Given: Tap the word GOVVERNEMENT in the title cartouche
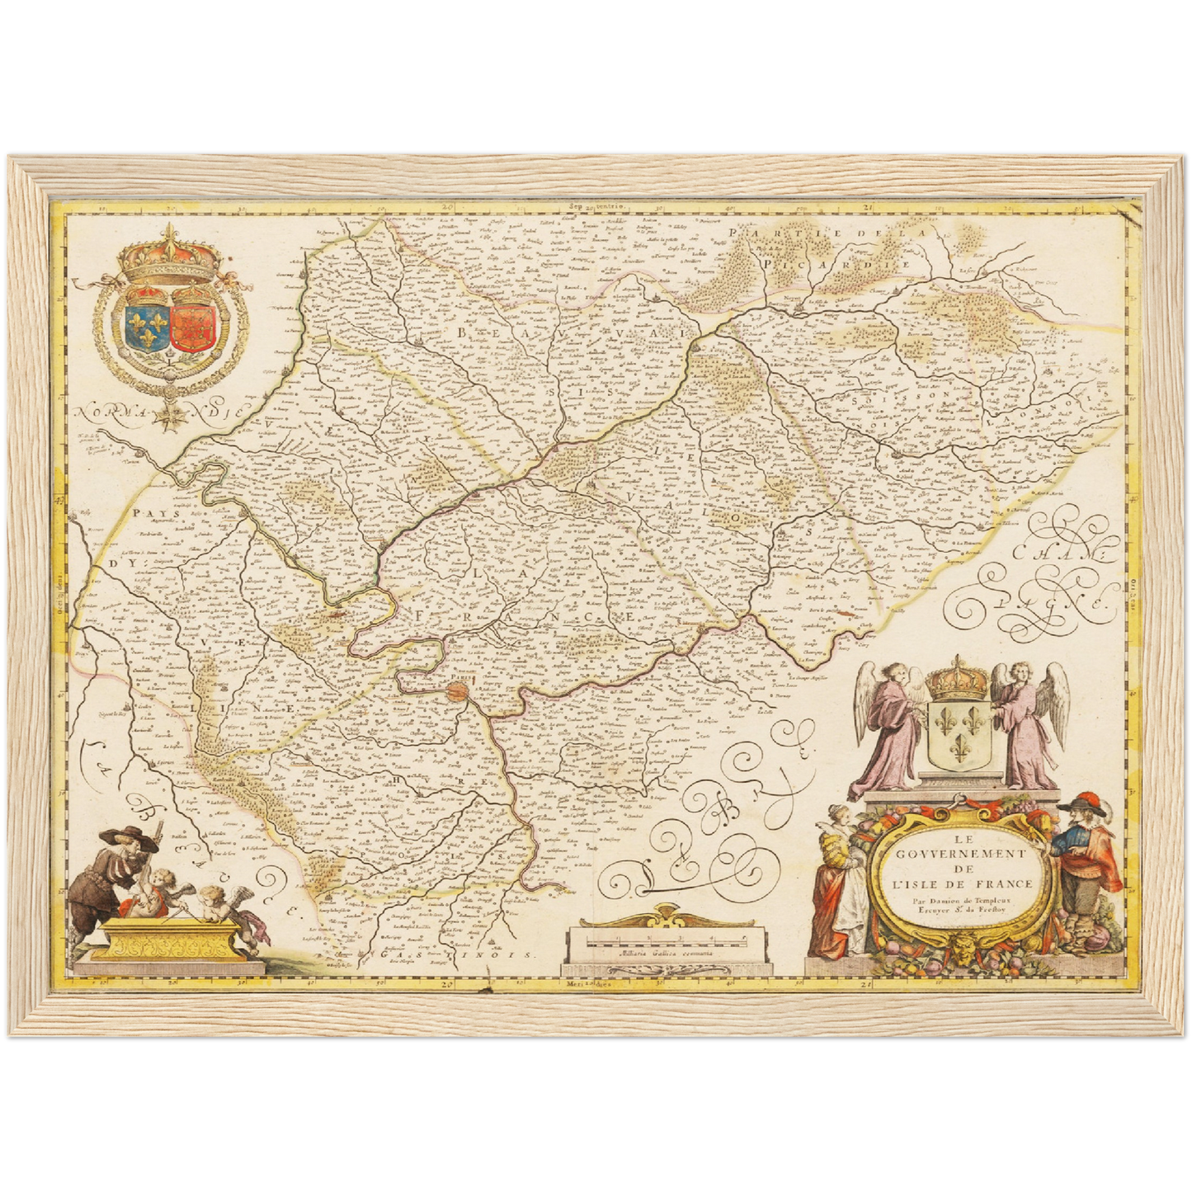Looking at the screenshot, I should (960, 855).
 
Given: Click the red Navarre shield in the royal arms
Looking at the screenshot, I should (191, 327).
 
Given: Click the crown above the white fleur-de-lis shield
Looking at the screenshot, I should (958, 680).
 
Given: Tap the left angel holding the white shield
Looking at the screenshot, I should (890, 726).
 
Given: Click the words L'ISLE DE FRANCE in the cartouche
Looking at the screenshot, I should (961, 885).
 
